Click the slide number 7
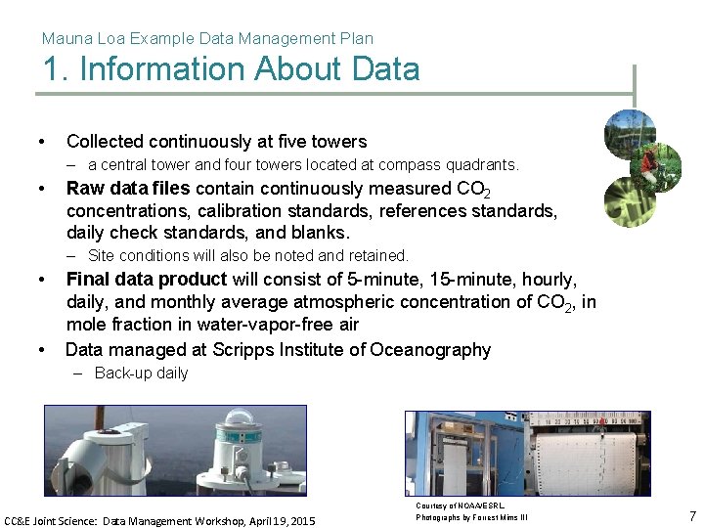(692, 515)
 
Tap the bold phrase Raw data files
(127, 188)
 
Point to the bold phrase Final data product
(146, 279)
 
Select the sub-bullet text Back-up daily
(141, 373)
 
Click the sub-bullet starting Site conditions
(247, 255)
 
